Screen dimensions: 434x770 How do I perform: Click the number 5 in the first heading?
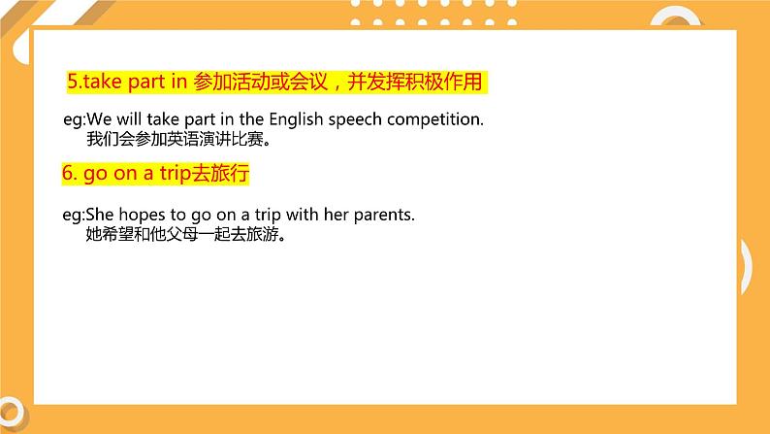click(71, 83)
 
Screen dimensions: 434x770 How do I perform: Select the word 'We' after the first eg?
click(99, 119)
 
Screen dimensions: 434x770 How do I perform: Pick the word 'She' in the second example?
click(101, 214)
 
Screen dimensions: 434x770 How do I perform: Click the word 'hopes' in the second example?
click(142, 214)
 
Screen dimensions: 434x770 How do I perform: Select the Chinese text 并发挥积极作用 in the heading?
click(419, 83)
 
